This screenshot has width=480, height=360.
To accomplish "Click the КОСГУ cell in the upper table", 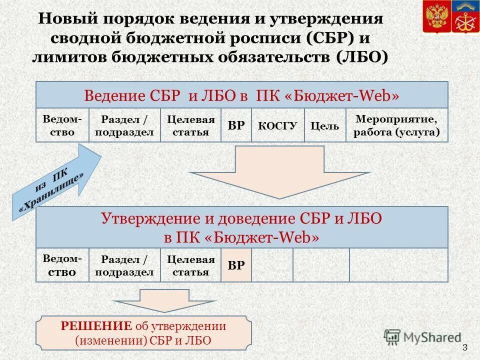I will coord(277,125).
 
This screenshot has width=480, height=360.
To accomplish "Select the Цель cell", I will coord(324,126).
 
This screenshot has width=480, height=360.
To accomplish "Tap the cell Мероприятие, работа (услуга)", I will coord(396,125).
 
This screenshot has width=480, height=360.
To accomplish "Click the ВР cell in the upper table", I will coord(236,125).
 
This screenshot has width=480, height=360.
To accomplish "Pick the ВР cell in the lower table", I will coord(236,265).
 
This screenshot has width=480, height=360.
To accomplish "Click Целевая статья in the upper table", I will coord(190,126).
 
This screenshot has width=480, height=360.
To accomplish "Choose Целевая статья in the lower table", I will coord(190,265).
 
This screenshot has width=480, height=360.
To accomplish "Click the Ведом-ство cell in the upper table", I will coord(62,125).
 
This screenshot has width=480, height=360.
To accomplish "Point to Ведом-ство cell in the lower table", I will coord(62,265).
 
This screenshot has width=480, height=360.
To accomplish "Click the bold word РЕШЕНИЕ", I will coord(95,326).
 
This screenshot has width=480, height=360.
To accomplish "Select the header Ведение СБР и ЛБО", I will coord(241,95).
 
